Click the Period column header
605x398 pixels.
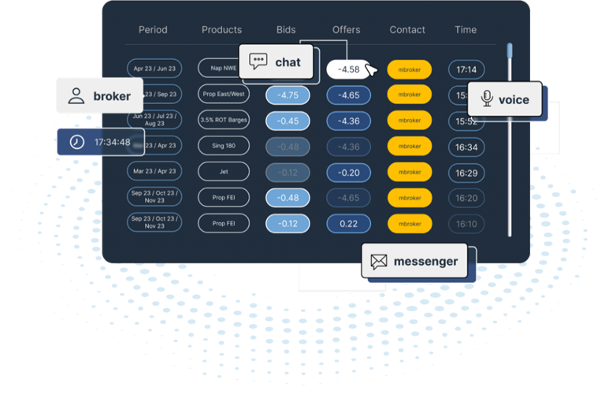[x=153, y=30]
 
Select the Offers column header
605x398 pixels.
[x=346, y=30]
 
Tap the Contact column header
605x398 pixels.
[x=407, y=30]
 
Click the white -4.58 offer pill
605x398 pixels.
[x=348, y=69]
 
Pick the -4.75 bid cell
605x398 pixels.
[x=288, y=95]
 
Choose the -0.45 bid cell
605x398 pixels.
[x=288, y=121]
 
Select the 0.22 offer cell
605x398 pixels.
[x=348, y=224]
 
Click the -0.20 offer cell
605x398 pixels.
[x=348, y=173]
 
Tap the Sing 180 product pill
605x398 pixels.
[x=224, y=147]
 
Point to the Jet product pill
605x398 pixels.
[x=224, y=173]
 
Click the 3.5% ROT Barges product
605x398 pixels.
[x=224, y=121]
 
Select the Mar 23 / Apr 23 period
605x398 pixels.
[x=154, y=172]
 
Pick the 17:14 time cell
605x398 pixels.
[x=466, y=69]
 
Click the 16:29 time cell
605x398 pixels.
[x=466, y=173]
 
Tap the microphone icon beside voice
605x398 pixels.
[x=487, y=99]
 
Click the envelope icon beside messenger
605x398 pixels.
[x=379, y=262]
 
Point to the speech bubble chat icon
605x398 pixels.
[x=258, y=61]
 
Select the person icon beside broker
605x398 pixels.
[x=76, y=96]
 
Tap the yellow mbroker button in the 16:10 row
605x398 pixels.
[x=409, y=224]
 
